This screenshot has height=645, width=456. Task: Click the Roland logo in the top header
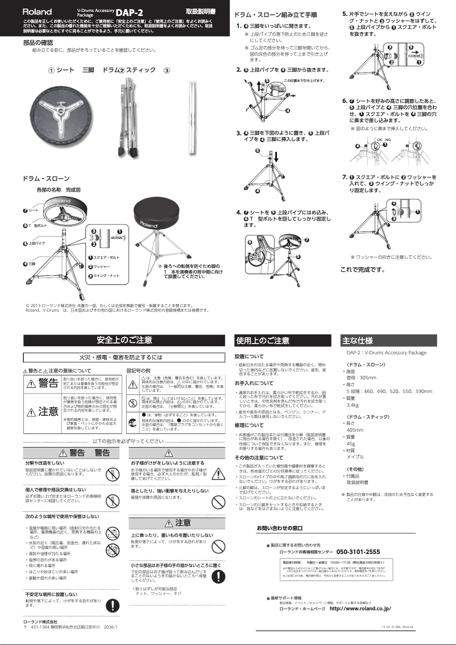click(37, 11)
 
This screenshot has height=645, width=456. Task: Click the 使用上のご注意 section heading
click(255, 341)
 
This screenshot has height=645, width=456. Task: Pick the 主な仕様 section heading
click(357, 341)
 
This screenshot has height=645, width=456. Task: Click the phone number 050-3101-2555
click(358, 552)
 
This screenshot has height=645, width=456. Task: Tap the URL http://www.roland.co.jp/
click(360, 609)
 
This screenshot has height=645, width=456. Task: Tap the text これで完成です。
click(362, 269)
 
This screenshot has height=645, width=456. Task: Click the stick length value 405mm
click(355, 430)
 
